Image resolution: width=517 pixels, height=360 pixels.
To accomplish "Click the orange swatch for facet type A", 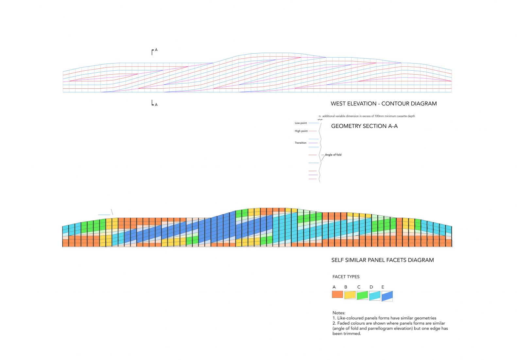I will click(337, 294).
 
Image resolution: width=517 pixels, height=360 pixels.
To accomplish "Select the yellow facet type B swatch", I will click(350, 295).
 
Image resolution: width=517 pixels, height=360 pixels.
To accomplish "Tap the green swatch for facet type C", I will click(362, 295).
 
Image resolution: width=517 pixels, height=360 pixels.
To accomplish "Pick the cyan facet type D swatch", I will click(374, 296).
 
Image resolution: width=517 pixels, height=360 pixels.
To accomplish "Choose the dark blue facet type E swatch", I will click(387, 296).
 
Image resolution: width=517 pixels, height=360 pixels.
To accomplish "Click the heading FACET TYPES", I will click(346, 277).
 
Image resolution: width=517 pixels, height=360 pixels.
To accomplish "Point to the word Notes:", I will click(339, 313).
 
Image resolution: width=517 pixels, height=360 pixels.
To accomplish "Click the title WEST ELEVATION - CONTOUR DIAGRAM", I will click(383, 104).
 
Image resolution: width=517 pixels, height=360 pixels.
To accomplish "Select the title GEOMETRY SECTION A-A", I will click(364, 126).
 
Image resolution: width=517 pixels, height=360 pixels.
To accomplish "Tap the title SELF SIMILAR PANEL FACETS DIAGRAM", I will click(382, 260).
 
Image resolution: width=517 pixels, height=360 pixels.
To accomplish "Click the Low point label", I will click(301, 123).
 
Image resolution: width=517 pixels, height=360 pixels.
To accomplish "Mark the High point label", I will click(301, 131).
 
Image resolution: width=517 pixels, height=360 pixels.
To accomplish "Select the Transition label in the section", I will click(300, 143).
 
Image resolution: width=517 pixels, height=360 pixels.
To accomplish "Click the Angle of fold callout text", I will click(333, 155).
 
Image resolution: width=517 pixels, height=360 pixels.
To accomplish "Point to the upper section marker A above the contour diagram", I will click(156, 50).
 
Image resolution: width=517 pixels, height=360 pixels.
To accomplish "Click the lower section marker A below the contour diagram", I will click(156, 105).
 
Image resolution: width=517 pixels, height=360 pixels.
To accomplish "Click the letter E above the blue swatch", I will click(383, 287).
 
